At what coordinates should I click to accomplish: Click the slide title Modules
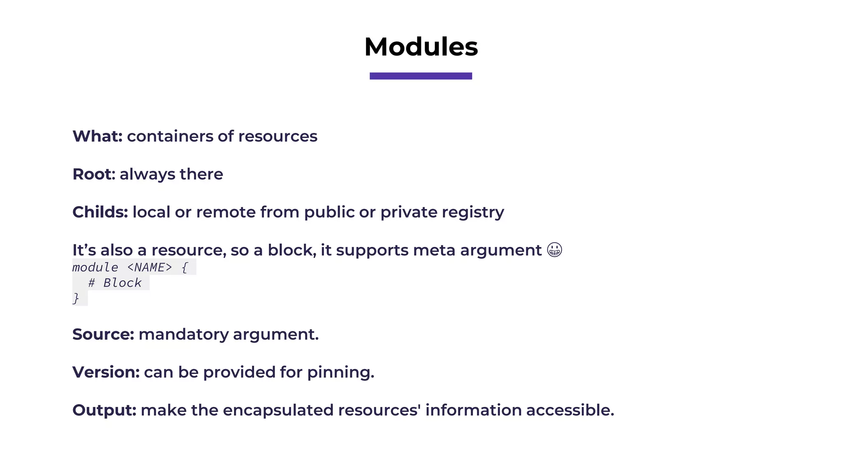tap(421, 46)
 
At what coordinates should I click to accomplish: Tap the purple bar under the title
tap(421, 76)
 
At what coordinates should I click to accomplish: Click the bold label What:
tap(97, 136)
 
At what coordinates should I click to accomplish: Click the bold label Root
tap(92, 174)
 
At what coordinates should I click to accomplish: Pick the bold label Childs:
tap(100, 212)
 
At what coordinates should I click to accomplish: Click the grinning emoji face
tap(555, 250)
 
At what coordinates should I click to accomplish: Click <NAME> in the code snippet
tap(150, 267)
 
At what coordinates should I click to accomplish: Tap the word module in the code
tap(95, 267)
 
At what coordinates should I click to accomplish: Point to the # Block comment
tap(115, 283)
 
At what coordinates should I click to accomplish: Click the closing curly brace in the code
tap(76, 298)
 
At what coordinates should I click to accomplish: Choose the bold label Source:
tap(103, 334)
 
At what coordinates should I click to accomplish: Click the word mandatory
tap(183, 335)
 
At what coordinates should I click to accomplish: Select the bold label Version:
tap(106, 372)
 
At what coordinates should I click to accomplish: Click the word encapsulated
tap(278, 410)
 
